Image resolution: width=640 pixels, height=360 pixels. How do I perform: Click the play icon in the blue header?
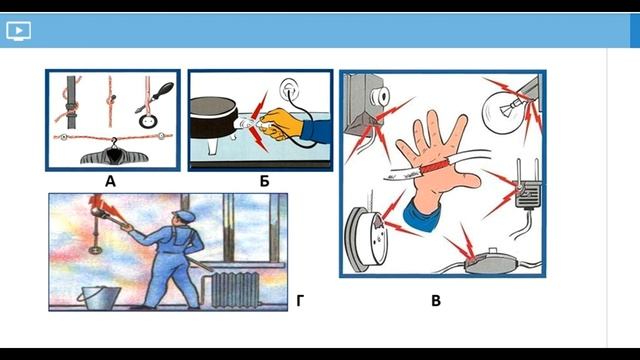[x=18, y=31]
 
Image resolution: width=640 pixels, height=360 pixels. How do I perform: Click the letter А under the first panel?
[x=110, y=181]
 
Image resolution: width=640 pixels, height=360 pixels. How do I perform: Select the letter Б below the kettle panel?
[x=264, y=181]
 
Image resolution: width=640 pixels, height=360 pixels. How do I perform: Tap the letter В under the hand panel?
[x=436, y=301]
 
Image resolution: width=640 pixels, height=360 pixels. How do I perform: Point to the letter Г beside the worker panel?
[x=300, y=301]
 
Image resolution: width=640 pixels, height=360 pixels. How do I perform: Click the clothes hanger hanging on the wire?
[x=114, y=154]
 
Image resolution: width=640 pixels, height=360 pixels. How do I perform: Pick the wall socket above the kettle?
[x=289, y=89]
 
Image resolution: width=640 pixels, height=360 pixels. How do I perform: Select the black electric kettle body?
[x=213, y=117]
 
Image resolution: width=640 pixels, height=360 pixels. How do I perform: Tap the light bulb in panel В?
[x=503, y=109]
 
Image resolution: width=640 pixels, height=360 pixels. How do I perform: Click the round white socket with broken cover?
[x=366, y=239]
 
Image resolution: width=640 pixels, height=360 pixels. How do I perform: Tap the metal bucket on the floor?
[x=100, y=298]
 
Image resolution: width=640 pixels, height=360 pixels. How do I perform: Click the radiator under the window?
[x=234, y=290]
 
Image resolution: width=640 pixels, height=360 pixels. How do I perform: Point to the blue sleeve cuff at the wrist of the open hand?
[x=422, y=215]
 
